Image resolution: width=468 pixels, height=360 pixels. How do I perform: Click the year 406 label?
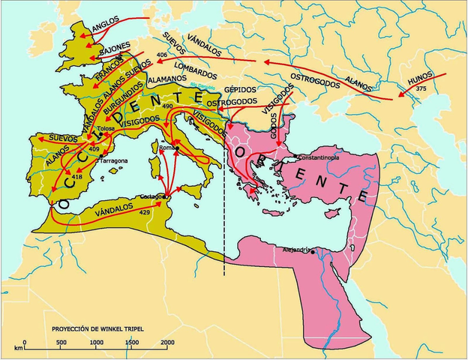[x=163, y=55]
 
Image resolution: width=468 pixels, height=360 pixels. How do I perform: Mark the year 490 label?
[x=187, y=107]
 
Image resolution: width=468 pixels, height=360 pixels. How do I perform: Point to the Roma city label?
[x=166, y=148]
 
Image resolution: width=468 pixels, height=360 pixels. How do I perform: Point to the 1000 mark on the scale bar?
[x=96, y=343]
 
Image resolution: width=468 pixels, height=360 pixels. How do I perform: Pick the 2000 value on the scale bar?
[x=166, y=343]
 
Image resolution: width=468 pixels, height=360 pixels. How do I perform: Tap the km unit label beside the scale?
[x=17, y=348]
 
